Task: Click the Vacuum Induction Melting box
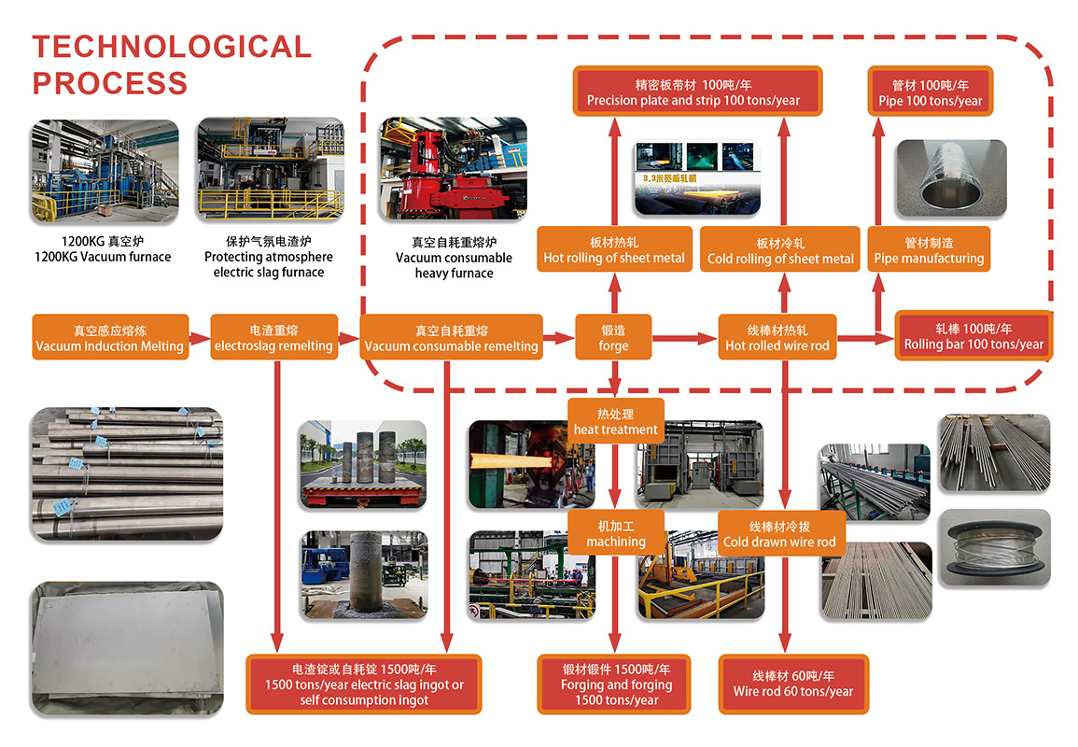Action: [x=110, y=338]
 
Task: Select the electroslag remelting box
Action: [x=273, y=338]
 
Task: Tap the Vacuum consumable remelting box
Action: [x=451, y=338]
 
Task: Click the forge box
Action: [x=613, y=338]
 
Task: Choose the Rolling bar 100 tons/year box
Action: [x=973, y=336]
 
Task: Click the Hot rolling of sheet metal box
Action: [x=614, y=249]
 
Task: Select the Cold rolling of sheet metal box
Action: [x=780, y=250]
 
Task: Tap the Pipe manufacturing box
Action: [x=929, y=250]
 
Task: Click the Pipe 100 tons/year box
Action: [x=930, y=92]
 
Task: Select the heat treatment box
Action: [x=615, y=421]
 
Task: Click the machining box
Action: [x=615, y=533]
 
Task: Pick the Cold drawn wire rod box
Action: [x=779, y=534]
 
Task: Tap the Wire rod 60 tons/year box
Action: [x=792, y=684]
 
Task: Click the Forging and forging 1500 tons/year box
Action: [x=615, y=684]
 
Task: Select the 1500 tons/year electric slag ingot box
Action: [x=364, y=684]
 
